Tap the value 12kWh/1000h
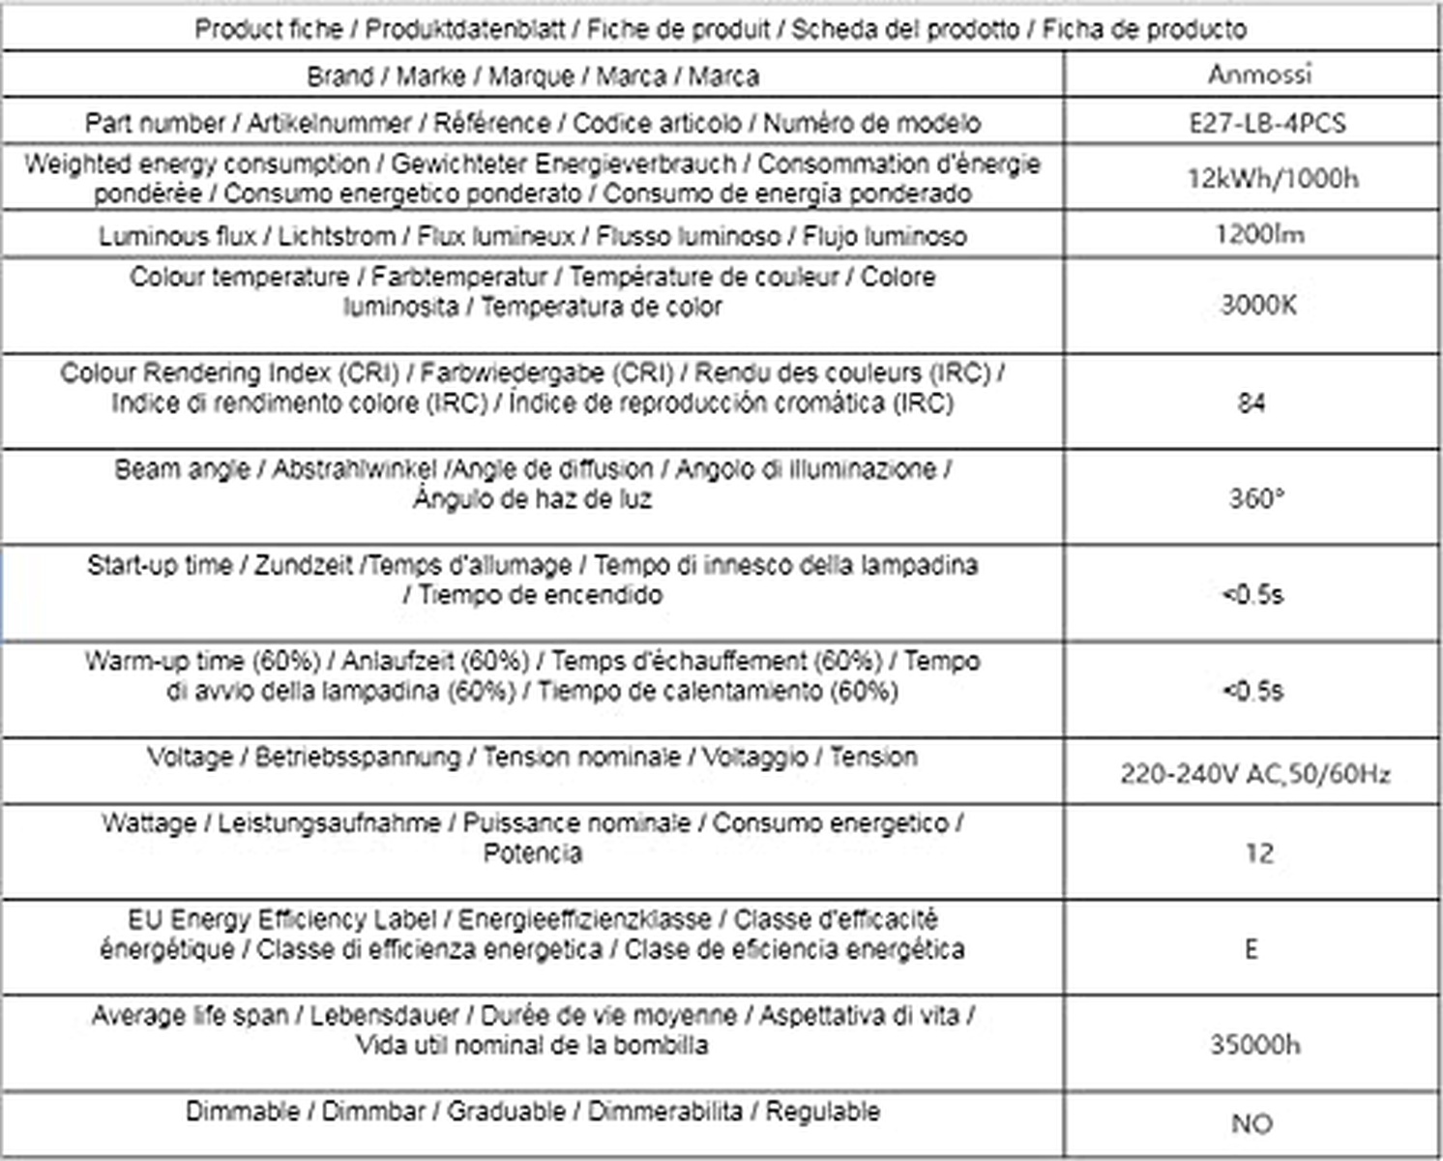(x=1273, y=179)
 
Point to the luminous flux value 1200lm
(x=1259, y=234)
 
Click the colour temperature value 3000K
(x=1257, y=306)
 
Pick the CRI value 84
(x=1252, y=402)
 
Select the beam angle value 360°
(x=1256, y=499)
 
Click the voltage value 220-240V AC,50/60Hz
(x=1255, y=774)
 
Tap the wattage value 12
(x=1259, y=853)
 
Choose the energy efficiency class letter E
(x=1252, y=949)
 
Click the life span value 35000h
(x=1254, y=1045)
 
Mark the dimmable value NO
(x=1252, y=1124)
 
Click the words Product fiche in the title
(x=269, y=29)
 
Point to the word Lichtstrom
(x=337, y=236)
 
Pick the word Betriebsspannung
(x=357, y=757)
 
